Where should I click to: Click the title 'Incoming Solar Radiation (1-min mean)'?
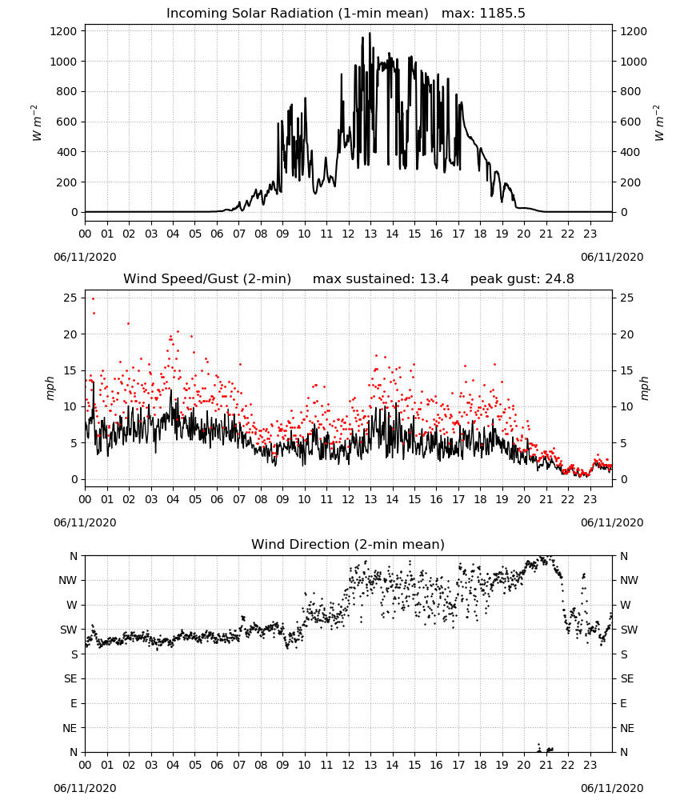coord(298,14)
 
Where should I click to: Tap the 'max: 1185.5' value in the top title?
coord(483,14)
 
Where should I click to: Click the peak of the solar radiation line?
coord(370,33)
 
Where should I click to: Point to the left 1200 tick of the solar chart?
coord(63,31)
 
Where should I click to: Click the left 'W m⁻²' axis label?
coord(36,123)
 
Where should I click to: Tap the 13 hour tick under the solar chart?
coord(370,234)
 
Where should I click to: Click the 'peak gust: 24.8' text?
coord(522,279)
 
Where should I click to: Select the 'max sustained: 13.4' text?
coord(381,279)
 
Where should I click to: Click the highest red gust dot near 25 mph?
coord(93,298)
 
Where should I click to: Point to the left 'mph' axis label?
coord(50,388)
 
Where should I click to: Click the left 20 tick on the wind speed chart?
coord(70,334)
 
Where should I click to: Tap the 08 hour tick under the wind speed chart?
coord(261,499)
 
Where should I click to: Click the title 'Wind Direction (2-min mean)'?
coord(348,544)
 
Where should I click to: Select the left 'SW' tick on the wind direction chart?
coord(68,630)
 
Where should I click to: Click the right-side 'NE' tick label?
coord(627,728)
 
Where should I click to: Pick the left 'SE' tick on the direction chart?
coord(70,678)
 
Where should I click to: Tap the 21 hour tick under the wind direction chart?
coord(546,765)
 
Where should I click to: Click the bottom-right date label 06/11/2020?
coord(612,788)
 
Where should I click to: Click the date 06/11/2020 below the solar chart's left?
coord(85,257)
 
